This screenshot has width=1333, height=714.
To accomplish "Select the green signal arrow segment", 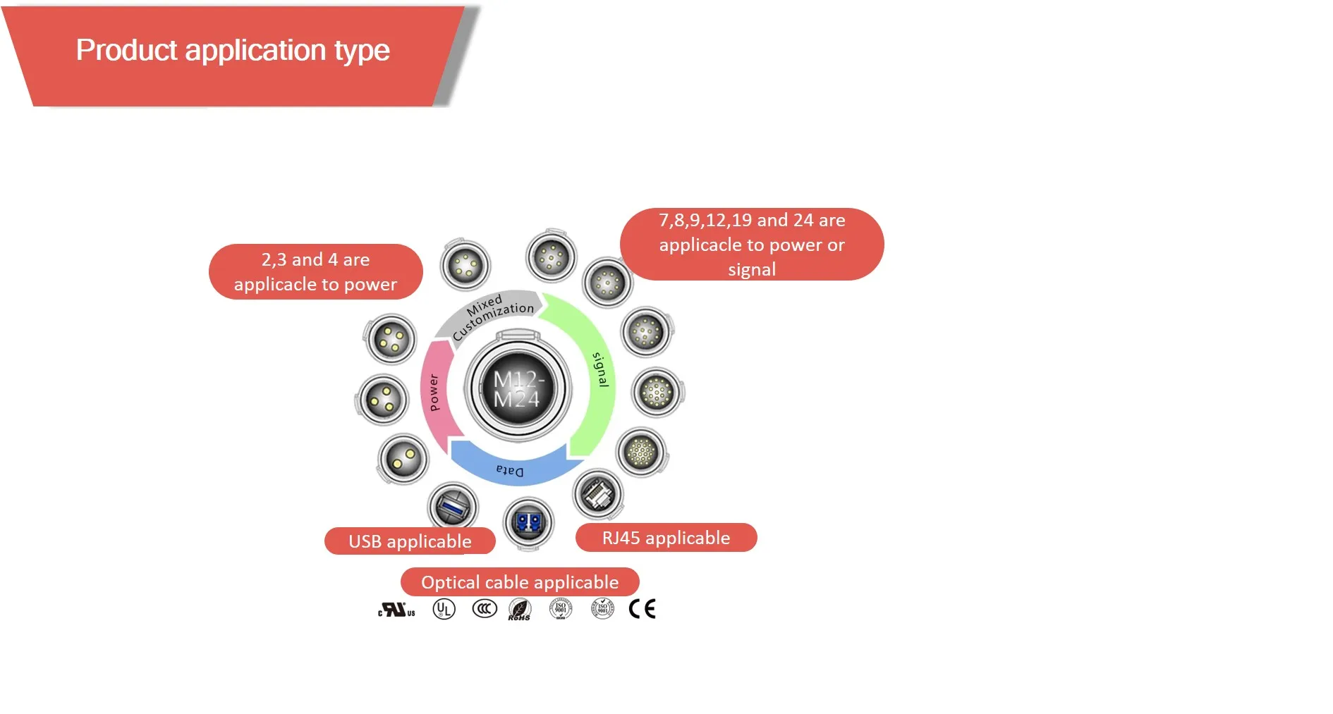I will click(595, 374).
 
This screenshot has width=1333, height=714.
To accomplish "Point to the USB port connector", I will click(452, 506).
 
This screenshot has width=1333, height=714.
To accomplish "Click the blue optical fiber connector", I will click(528, 523).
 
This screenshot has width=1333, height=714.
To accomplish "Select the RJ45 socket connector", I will click(599, 493).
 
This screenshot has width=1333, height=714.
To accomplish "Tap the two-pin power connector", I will click(403, 460).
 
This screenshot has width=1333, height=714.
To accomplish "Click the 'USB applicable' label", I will click(410, 541).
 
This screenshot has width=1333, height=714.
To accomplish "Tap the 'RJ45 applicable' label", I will click(666, 538).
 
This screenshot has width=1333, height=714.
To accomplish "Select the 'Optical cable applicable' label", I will click(520, 582).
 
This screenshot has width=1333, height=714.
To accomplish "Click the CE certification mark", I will click(642, 608).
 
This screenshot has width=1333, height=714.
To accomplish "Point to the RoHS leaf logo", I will click(520, 609).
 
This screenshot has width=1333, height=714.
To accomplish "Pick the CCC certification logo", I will click(485, 608).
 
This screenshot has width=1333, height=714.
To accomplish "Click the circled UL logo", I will click(444, 609).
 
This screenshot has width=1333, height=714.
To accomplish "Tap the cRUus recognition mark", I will click(396, 610).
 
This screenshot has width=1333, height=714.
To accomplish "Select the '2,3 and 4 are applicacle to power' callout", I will click(315, 272).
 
